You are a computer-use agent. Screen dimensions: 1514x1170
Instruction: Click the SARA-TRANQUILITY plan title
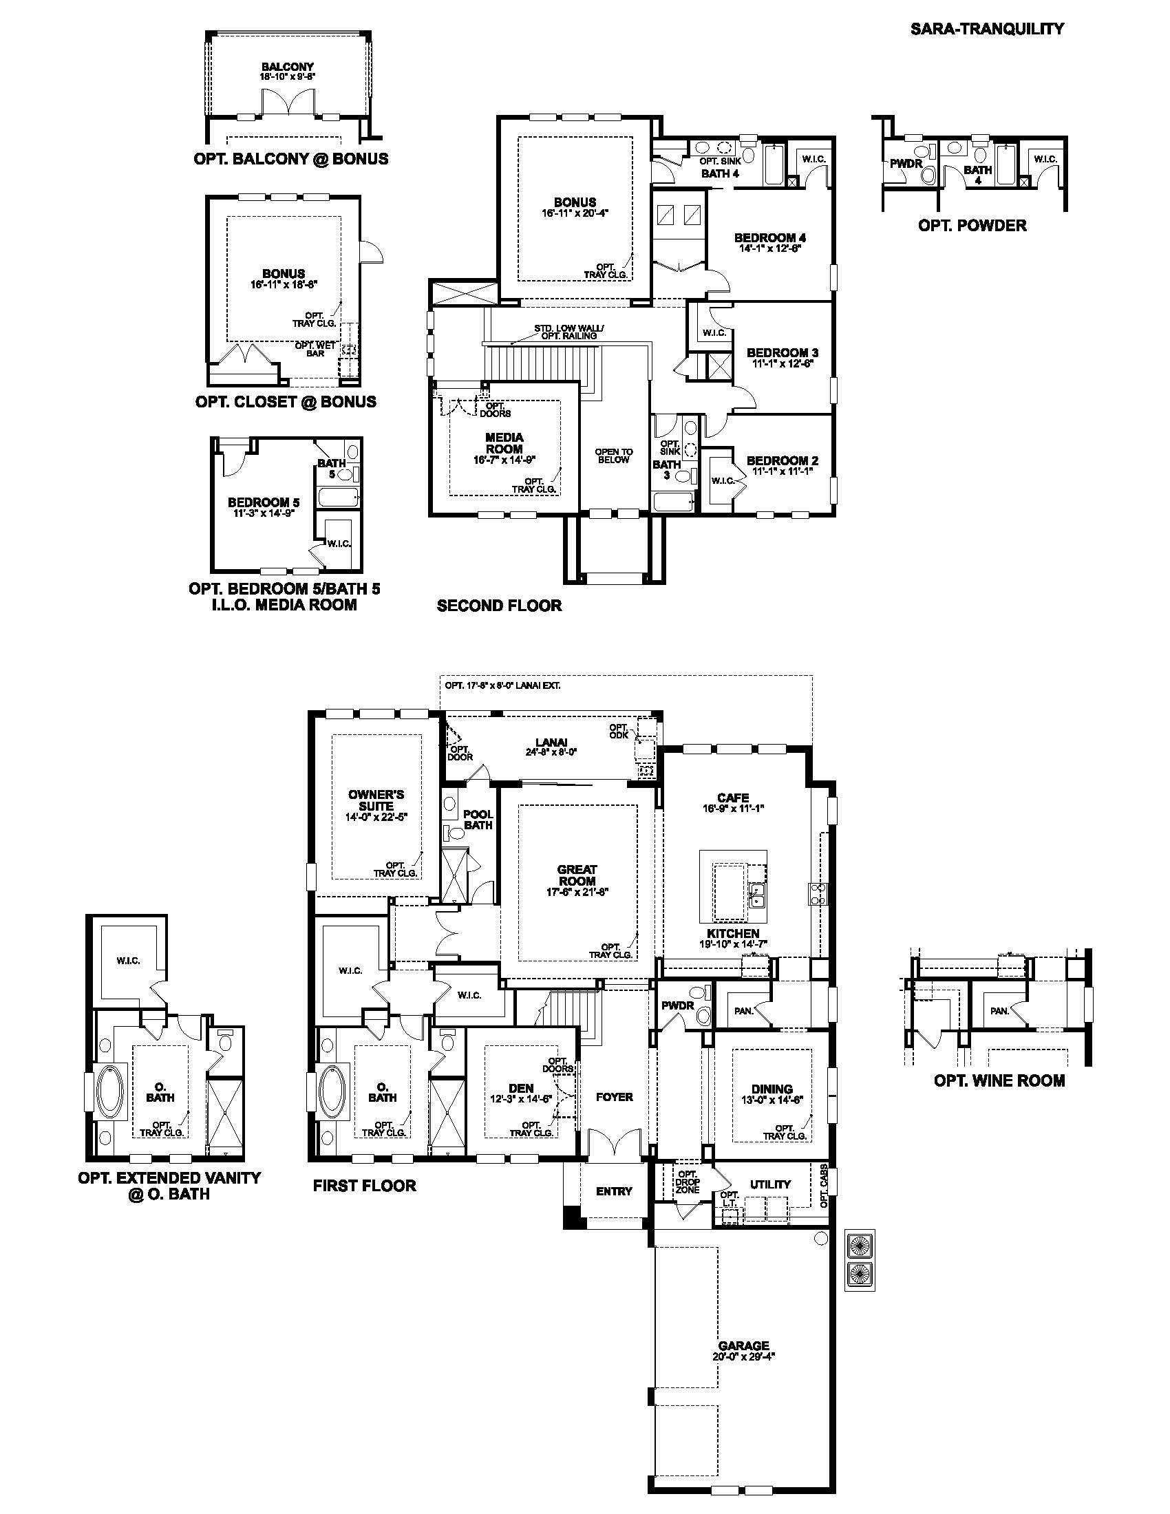(x=986, y=28)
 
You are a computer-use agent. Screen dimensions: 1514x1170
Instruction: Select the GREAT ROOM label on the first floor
(x=577, y=875)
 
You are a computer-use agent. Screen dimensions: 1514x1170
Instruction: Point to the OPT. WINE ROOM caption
(x=999, y=1080)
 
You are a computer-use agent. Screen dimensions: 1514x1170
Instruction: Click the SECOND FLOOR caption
(x=499, y=605)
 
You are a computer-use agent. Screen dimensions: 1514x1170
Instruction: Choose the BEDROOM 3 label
(x=783, y=353)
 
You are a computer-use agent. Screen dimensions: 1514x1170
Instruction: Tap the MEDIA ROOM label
(x=504, y=443)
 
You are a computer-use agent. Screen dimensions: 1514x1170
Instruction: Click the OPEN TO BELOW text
(x=613, y=456)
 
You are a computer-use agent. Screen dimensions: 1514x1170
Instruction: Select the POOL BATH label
(x=478, y=820)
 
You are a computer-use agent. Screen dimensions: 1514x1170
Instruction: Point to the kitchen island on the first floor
(x=733, y=883)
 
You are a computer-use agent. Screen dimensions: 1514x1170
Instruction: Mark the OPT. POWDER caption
(x=972, y=225)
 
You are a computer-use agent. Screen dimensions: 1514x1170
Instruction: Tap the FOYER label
(x=614, y=1097)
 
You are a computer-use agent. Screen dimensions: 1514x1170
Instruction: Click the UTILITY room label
(x=770, y=1184)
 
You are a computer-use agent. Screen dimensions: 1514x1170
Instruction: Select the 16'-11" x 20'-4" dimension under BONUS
(x=575, y=214)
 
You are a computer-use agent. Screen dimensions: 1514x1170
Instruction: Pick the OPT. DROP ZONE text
(x=687, y=1182)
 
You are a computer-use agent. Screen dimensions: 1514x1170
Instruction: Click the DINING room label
(x=772, y=1089)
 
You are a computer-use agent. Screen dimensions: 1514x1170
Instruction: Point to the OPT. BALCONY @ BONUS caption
(x=291, y=159)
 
